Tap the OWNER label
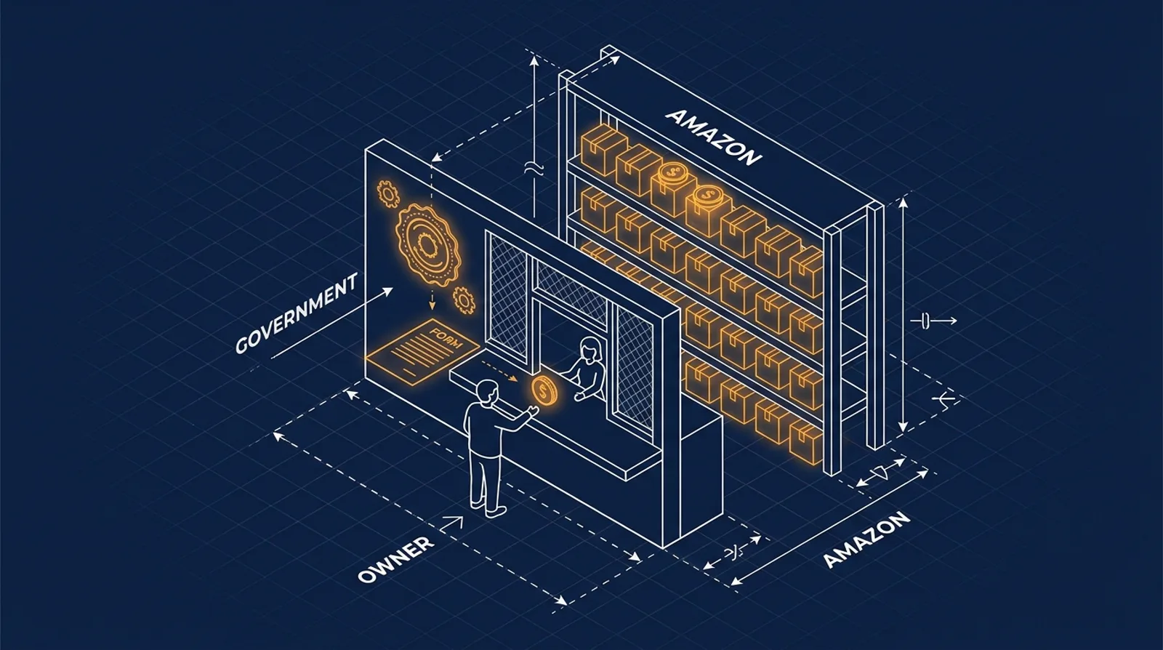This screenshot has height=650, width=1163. (x=396, y=559)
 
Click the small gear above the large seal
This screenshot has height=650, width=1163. (x=387, y=193)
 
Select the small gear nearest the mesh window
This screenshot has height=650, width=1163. (x=464, y=300)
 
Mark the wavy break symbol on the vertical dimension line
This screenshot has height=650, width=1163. (x=534, y=168)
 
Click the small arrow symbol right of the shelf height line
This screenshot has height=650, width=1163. (x=933, y=321)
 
